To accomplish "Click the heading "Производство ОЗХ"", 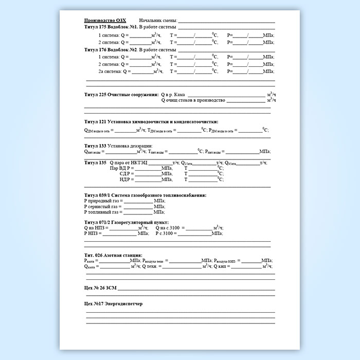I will [x=104, y=20].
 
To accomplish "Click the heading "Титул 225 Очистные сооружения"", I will [x=121, y=95].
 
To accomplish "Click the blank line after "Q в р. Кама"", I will [x=226, y=96].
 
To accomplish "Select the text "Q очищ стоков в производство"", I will [x=193, y=101].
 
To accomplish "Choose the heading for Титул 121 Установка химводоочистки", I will [x=151, y=121].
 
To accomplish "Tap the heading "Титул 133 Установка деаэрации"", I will [x=118, y=146].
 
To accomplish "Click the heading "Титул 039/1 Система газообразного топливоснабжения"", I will [x=145, y=195].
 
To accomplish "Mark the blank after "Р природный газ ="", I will [x=138, y=201].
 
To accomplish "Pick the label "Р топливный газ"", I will [x=101, y=212].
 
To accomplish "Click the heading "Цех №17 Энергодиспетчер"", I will [x=113, y=303].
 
